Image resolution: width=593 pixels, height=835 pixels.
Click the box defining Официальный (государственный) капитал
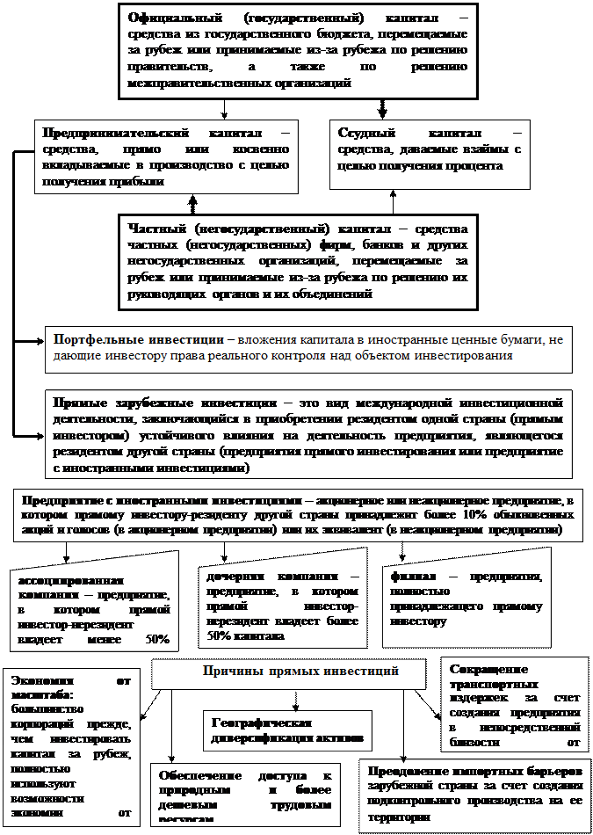click(x=298, y=51)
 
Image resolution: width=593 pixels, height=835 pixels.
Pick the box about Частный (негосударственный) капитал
click(x=298, y=261)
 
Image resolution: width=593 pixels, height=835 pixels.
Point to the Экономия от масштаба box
click(x=71, y=747)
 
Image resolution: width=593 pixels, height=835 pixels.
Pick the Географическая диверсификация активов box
click(x=286, y=729)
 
